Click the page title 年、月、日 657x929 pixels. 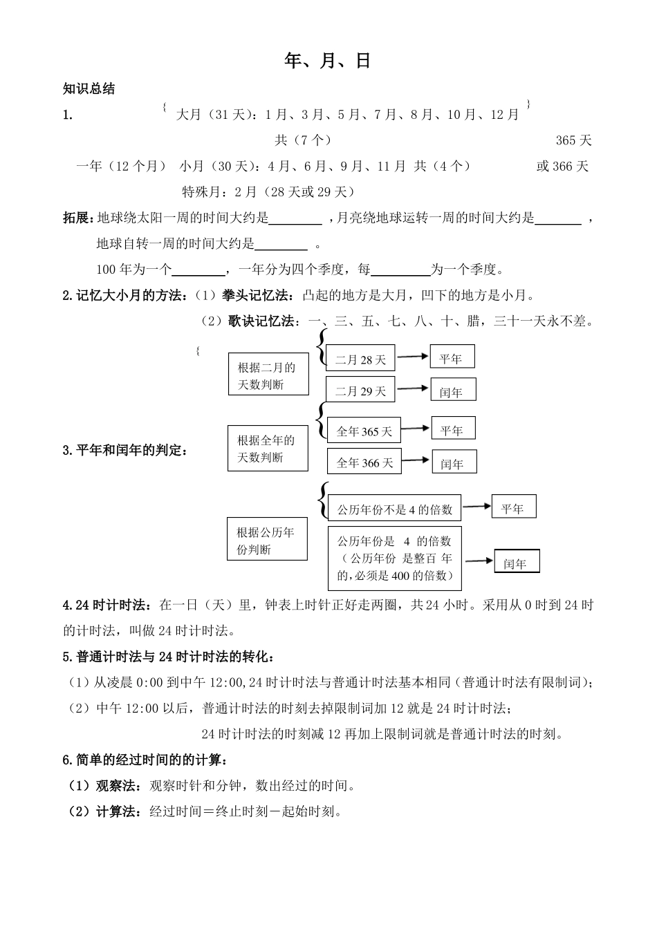tap(328, 61)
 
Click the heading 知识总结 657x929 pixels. tap(89, 88)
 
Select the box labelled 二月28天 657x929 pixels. tap(360, 359)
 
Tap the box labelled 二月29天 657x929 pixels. tap(360, 391)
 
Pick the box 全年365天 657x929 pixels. tap(364, 431)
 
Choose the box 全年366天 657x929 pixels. tap(364, 462)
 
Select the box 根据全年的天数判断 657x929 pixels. tap(268, 448)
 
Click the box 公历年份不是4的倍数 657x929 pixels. tap(394, 509)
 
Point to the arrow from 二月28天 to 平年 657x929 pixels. tap(412, 356)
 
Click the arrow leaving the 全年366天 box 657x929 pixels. tap(416, 460)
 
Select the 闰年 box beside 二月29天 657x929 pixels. tap(452, 391)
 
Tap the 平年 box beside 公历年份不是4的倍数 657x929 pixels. tap(513, 507)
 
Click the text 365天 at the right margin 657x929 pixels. tap(574, 140)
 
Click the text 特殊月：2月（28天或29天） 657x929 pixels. tap(268, 191)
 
